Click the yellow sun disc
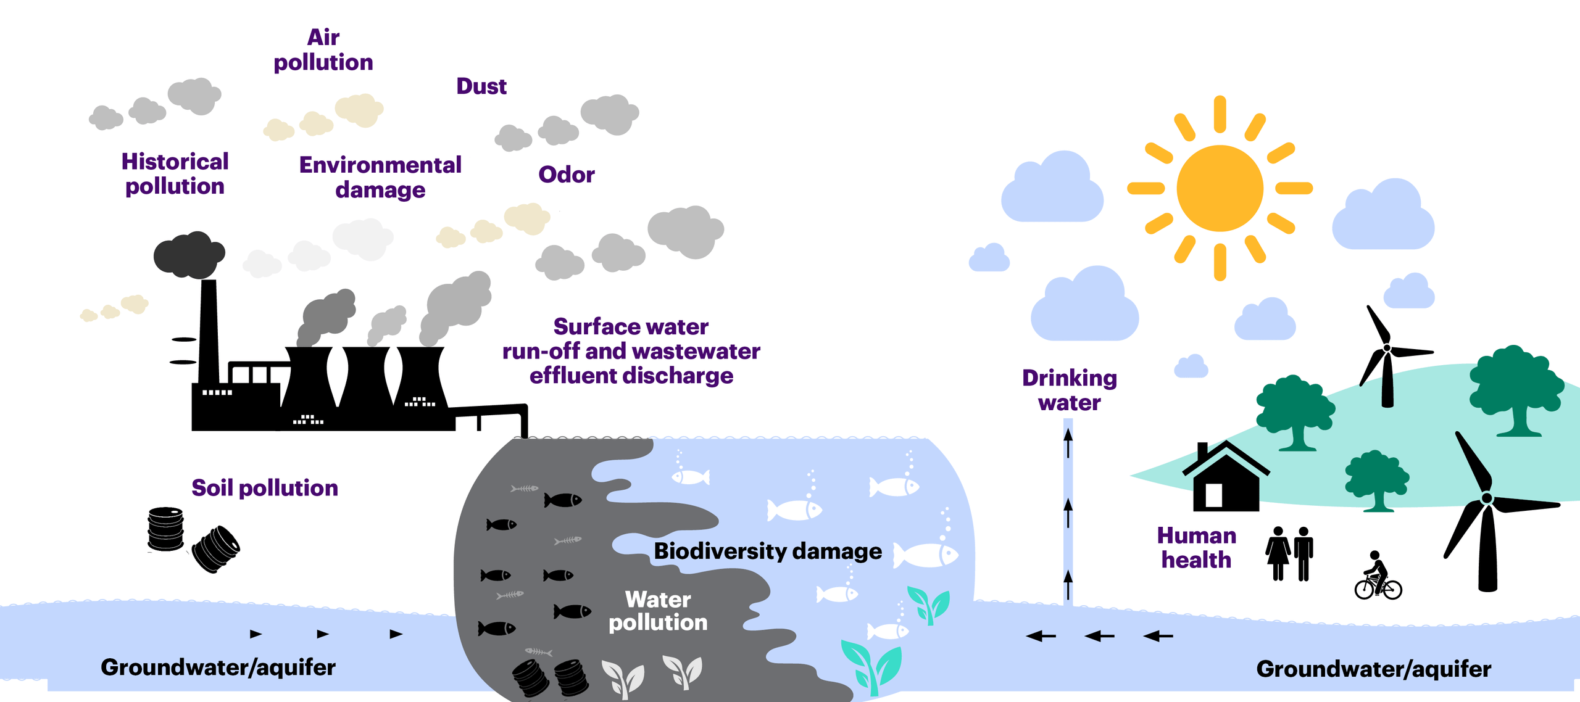(x=1219, y=188)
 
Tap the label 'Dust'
(x=481, y=86)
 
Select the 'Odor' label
(x=566, y=175)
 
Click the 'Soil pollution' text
(x=265, y=488)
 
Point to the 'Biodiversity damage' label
(x=768, y=551)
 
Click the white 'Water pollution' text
(x=658, y=611)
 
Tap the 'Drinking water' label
(x=1070, y=390)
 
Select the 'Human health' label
(x=1196, y=548)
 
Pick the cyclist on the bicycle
(x=1378, y=576)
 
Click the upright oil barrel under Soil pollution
(x=165, y=529)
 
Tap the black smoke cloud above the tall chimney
(x=189, y=254)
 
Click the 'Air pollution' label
(x=323, y=50)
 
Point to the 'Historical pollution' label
(x=175, y=174)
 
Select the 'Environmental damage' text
(x=380, y=177)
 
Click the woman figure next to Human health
(x=1278, y=553)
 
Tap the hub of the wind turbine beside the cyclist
(x=1487, y=498)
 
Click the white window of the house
(x=1213, y=495)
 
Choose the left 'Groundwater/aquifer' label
(x=218, y=667)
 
